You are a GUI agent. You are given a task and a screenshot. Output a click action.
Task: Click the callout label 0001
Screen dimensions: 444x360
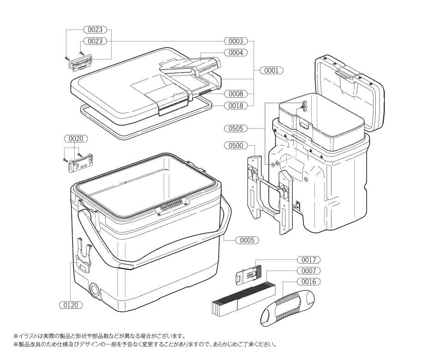[x=271, y=71]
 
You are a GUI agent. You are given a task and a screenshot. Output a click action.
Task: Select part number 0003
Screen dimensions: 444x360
[x=236, y=41]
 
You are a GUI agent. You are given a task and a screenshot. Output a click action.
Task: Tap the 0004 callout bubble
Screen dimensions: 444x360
[x=236, y=53]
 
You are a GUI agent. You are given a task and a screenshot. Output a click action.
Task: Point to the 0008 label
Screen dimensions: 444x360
[x=236, y=94]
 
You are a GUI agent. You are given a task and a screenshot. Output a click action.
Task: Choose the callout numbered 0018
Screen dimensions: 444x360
[x=236, y=106]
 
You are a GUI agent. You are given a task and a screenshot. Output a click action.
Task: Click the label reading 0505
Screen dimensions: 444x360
[x=236, y=129]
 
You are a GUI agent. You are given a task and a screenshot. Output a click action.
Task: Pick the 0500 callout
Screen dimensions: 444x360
[x=236, y=146]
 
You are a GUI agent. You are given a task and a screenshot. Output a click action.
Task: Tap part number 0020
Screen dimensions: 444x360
[x=76, y=139]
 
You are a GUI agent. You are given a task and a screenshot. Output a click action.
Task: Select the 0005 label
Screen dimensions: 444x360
[x=247, y=240]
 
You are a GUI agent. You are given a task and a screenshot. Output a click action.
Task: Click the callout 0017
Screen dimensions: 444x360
[x=308, y=260]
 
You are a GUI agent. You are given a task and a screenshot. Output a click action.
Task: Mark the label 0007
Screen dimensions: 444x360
[x=308, y=271]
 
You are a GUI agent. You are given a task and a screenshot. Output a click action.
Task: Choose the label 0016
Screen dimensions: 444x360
[x=308, y=282]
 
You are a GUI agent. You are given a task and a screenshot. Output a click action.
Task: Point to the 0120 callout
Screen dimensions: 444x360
[x=71, y=305]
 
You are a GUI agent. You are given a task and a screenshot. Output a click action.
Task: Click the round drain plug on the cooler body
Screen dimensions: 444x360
[x=95, y=289]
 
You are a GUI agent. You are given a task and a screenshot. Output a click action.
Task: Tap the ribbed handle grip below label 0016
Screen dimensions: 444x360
[x=287, y=307]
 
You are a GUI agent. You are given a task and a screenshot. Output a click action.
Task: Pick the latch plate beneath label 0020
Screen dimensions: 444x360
[x=81, y=163]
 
